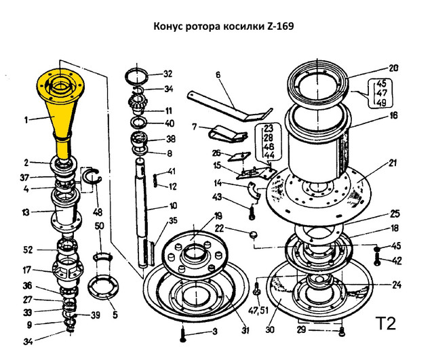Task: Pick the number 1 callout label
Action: click(x=26, y=120)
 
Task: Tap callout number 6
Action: click(x=219, y=76)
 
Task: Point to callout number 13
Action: click(x=25, y=212)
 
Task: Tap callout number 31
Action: click(x=245, y=330)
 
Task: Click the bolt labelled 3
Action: click(x=184, y=333)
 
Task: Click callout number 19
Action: click(x=218, y=216)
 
